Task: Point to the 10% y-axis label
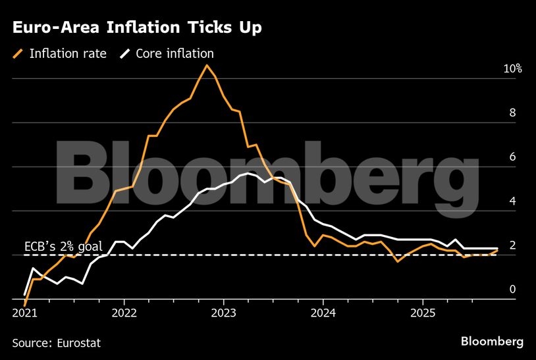tap(512, 69)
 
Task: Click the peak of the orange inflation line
tap(207, 64)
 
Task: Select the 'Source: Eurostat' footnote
tap(57, 342)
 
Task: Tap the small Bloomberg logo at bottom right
tap(492, 342)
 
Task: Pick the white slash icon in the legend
tap(124, 54)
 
